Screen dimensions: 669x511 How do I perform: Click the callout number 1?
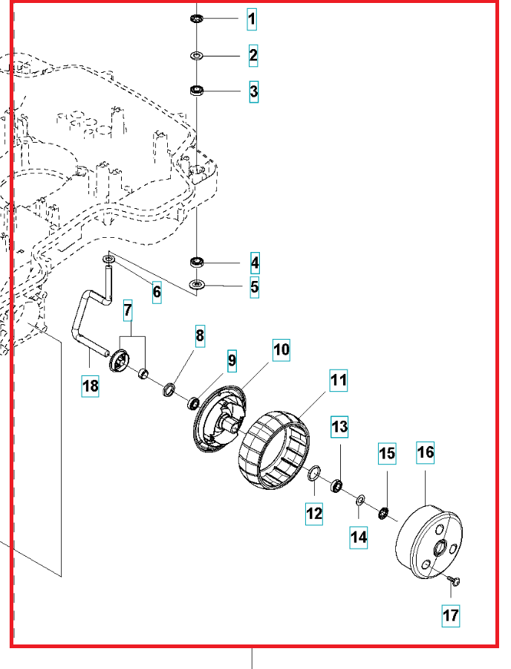(x=253, y=19)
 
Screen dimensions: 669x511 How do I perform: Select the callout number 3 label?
(x=253, y=91)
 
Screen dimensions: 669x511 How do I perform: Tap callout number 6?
(x=157, y=291)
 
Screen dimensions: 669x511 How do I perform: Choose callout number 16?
(x=426, y=452)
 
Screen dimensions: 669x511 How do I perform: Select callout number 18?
(x=90, y=386)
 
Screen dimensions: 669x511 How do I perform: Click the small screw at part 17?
(x=455, y=580)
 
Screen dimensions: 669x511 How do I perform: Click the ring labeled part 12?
(x=315, y=474)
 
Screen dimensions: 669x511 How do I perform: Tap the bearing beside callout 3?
(x=198, y=91)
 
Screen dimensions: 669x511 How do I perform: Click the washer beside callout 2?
(x=196, y=56)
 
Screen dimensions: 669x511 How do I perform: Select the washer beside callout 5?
(x=196, y=285)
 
